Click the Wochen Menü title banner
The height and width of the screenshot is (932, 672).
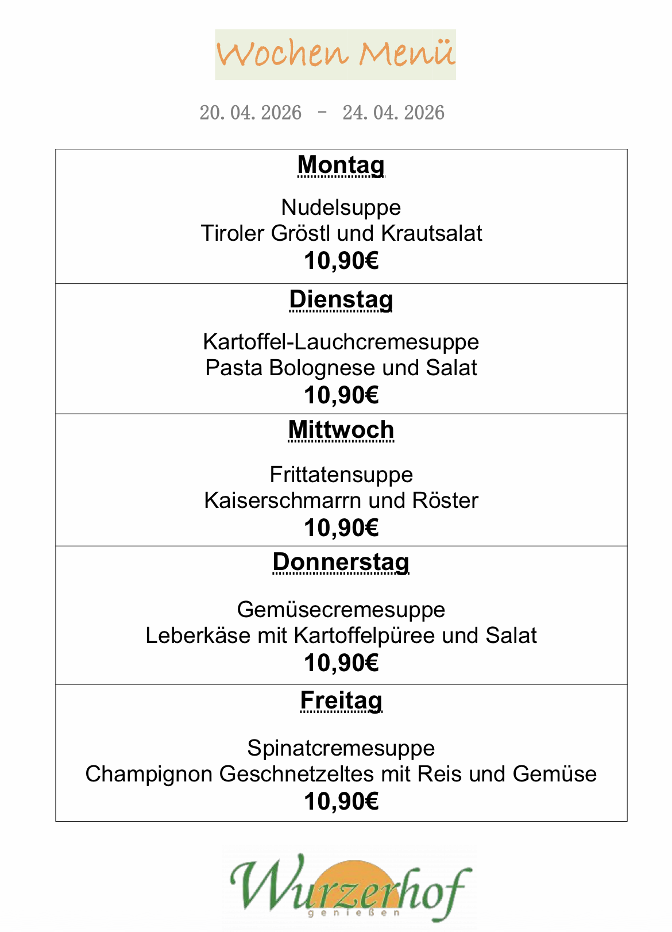click(x=335, y=54)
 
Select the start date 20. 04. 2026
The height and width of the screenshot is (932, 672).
click(x=250, y=113)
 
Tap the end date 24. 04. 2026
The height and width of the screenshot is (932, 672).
click(x=393, y=113)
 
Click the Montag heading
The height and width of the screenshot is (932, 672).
click(x=341, y=165)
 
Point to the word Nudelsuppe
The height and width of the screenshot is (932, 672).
click(x=341, y=207)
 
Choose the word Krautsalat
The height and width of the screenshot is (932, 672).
click(x=431, y=233)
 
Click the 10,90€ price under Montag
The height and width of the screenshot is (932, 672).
click(x=341, y=261)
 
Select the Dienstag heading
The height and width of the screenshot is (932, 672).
click(x=341, y=300)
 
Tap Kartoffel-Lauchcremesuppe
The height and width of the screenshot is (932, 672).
click(x=341, y=342)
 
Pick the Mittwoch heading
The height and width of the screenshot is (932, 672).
click(x=341, y=430)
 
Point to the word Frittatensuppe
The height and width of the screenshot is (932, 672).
click(x=341, y=475)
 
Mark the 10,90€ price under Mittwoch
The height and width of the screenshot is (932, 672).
click(x=341, y=528)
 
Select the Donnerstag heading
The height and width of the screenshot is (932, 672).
click(x=341, y=563)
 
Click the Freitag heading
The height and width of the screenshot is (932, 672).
click(x=341, y=700)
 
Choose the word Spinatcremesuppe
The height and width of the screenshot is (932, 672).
click(x=341, y=748)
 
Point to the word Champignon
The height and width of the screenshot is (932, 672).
click(x=149, y=774)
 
